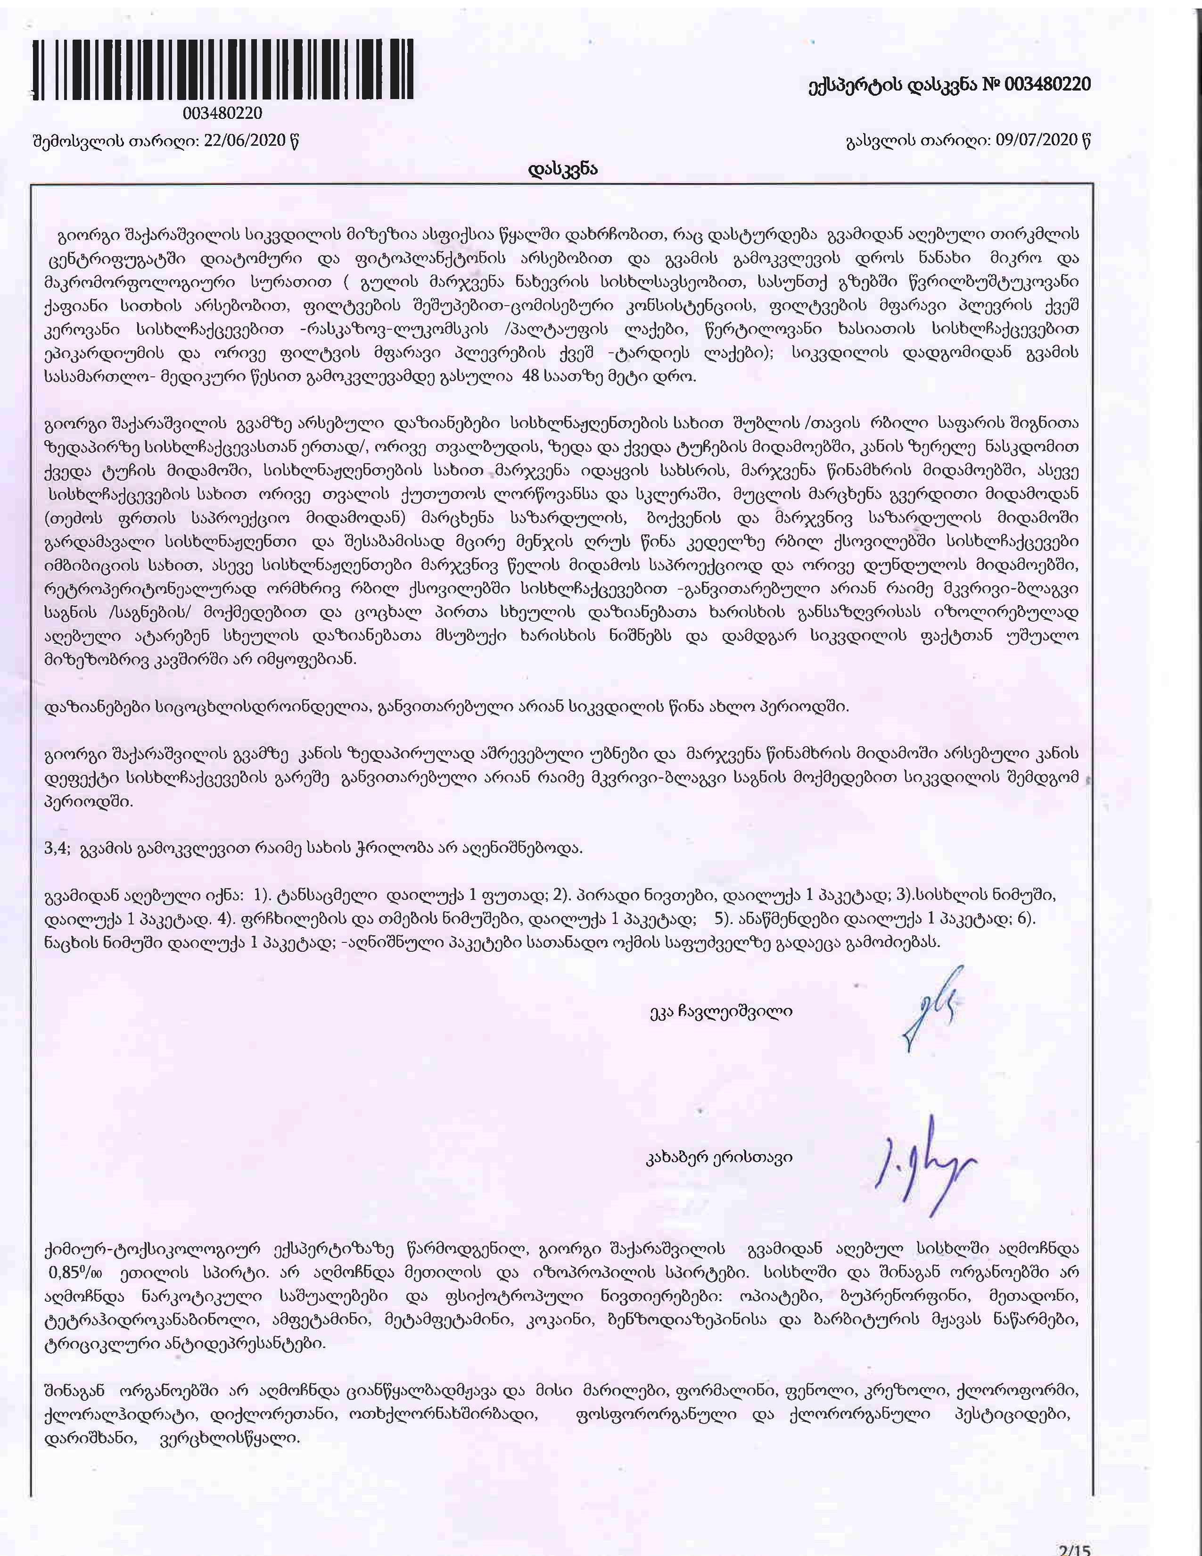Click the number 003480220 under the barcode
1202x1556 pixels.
click(223, 113)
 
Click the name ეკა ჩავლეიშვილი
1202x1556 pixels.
click(721, 1011)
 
